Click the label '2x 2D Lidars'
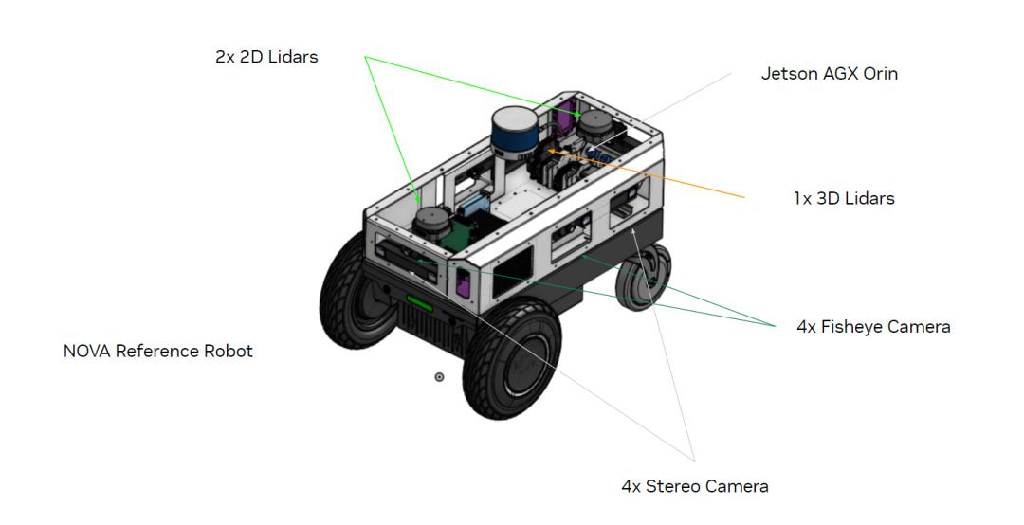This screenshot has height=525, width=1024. [266, 57]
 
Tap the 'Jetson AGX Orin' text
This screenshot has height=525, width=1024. [829, 73]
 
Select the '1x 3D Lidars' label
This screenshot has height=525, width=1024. [844, 199]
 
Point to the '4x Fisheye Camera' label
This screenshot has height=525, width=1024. [873, 327]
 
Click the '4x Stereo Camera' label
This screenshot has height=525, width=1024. [694, 487]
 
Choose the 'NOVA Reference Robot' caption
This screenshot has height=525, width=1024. [158, 352]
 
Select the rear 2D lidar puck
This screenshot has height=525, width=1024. [597, 123]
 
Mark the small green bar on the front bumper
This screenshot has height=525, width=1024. [419, 304]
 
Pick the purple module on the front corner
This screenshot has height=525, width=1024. [463, 282]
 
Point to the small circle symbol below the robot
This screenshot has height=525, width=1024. [439, 377]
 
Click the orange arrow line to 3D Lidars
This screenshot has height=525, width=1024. [654, 172]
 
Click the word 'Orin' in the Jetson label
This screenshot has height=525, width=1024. [880, 73]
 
